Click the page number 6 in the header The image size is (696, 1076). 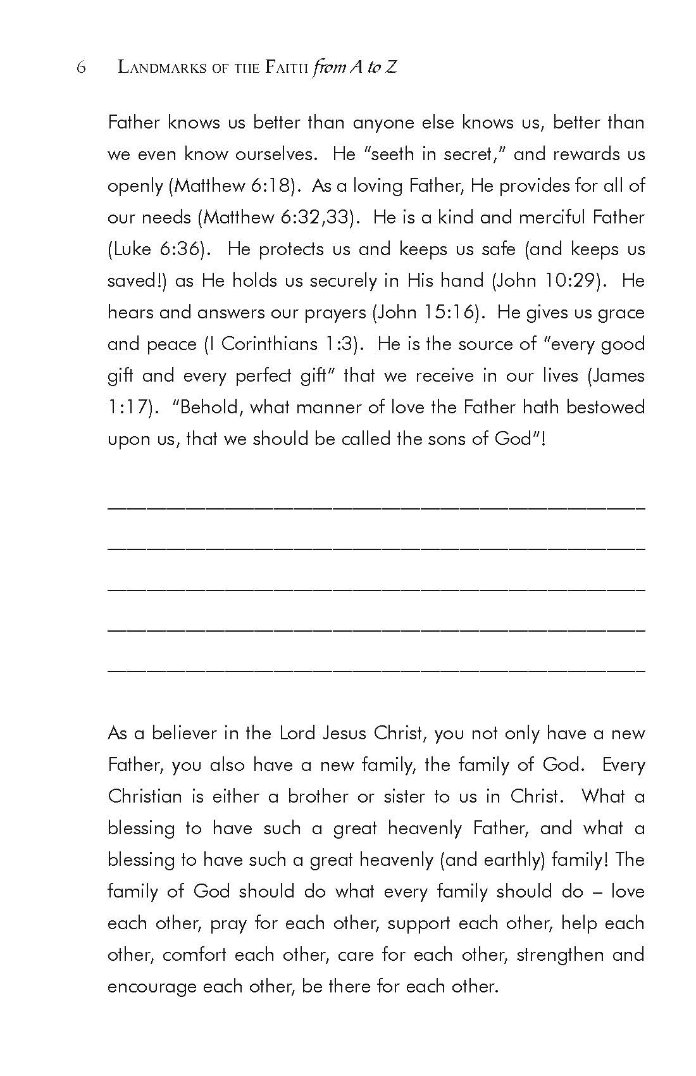pos(80,68)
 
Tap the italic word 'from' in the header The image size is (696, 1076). pos(329,68)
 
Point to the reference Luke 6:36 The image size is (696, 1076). pos(158,249)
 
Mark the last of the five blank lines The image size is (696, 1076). pos(376,668)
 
